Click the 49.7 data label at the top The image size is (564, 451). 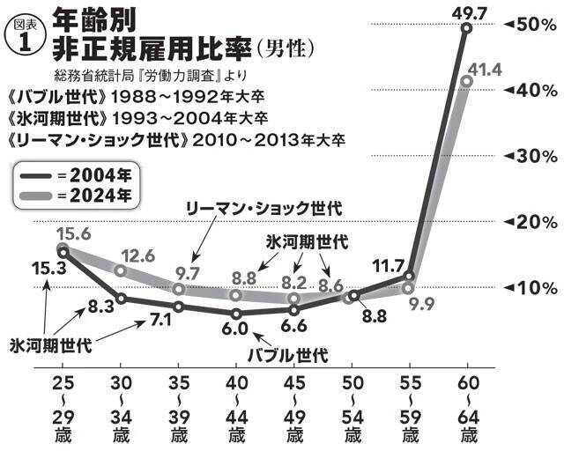pos(465,11)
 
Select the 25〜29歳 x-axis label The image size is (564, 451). pos(62,410)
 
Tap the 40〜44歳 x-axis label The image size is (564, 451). pos(235,410)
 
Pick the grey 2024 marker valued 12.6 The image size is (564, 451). pos(120,270)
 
